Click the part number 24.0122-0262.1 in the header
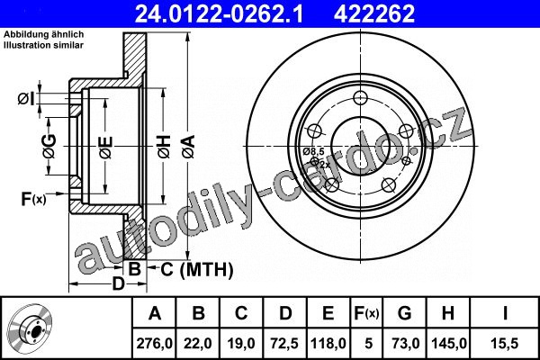coord(219,13)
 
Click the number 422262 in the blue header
coord(374,13)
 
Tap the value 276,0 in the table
coord(154,344)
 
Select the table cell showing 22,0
coord(198,344)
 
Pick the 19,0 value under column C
coord(241,344)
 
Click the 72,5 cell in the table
coord(284,344)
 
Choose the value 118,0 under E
coord(328,344)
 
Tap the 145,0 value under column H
coord(448,344)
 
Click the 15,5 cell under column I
coord(504,344)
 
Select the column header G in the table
coord(405,313)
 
